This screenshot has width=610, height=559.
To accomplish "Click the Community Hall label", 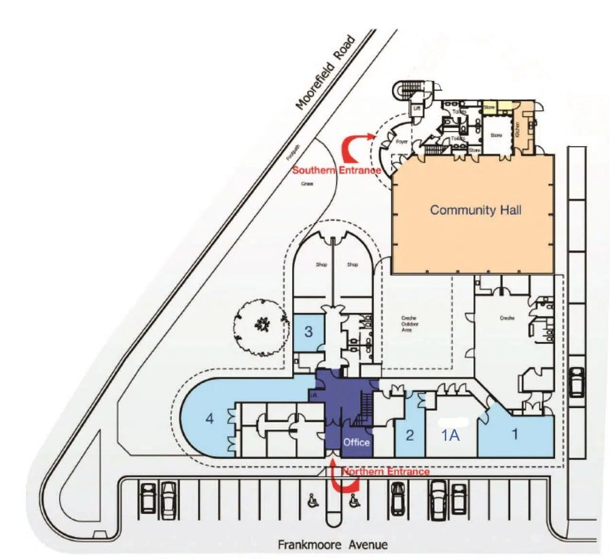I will [x=476, y=210].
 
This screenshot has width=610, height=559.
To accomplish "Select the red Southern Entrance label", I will [x=336, y=170].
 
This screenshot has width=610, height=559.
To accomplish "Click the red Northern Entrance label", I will [x=385, y=471].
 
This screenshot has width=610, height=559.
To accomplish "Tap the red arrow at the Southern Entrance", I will [x=358, y=145].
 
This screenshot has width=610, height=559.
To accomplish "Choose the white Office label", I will [x=357, y=443].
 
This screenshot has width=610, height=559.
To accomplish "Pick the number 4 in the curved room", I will [x=210, y=420].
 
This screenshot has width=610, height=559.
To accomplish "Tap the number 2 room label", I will [x=410, y=436].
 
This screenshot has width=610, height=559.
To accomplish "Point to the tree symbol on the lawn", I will [x=260, y=326].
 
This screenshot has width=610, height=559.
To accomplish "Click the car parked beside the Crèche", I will [x=577, y=382].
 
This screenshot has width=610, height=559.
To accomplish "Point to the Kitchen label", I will [x=518, y=126].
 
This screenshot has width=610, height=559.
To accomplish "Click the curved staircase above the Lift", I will [x=408, y=89].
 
